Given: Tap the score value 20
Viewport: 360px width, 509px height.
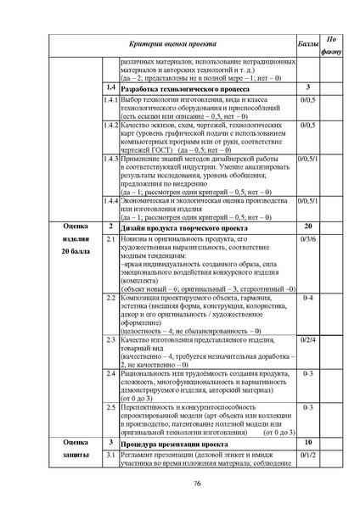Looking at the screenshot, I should [x=308, y=227].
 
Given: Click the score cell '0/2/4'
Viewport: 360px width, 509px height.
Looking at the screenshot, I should [x=308, y=339].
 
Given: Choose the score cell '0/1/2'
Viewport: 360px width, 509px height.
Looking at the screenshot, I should [x=308, y=456].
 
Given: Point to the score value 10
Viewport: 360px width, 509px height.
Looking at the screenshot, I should [x=308, y=443].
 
